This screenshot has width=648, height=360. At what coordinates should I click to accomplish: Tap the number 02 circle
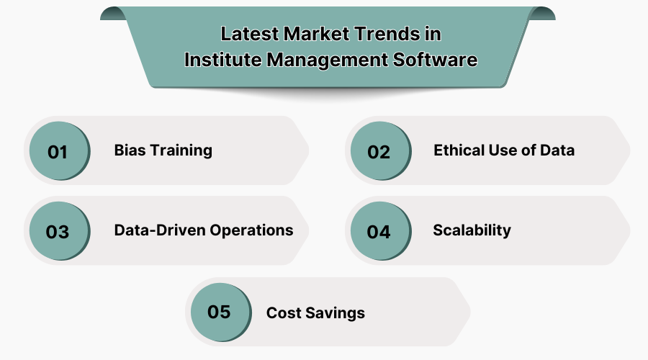379,151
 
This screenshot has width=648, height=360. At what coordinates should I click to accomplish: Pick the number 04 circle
379,231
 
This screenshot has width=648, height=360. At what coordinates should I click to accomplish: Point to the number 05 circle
219,312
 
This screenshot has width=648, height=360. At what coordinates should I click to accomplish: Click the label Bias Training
163,150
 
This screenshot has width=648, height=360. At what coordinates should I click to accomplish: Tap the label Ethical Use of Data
504,150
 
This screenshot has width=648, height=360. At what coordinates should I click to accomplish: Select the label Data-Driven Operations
204,230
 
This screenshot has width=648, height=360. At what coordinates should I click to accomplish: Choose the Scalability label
472,230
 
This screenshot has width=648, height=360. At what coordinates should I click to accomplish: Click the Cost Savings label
315,313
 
